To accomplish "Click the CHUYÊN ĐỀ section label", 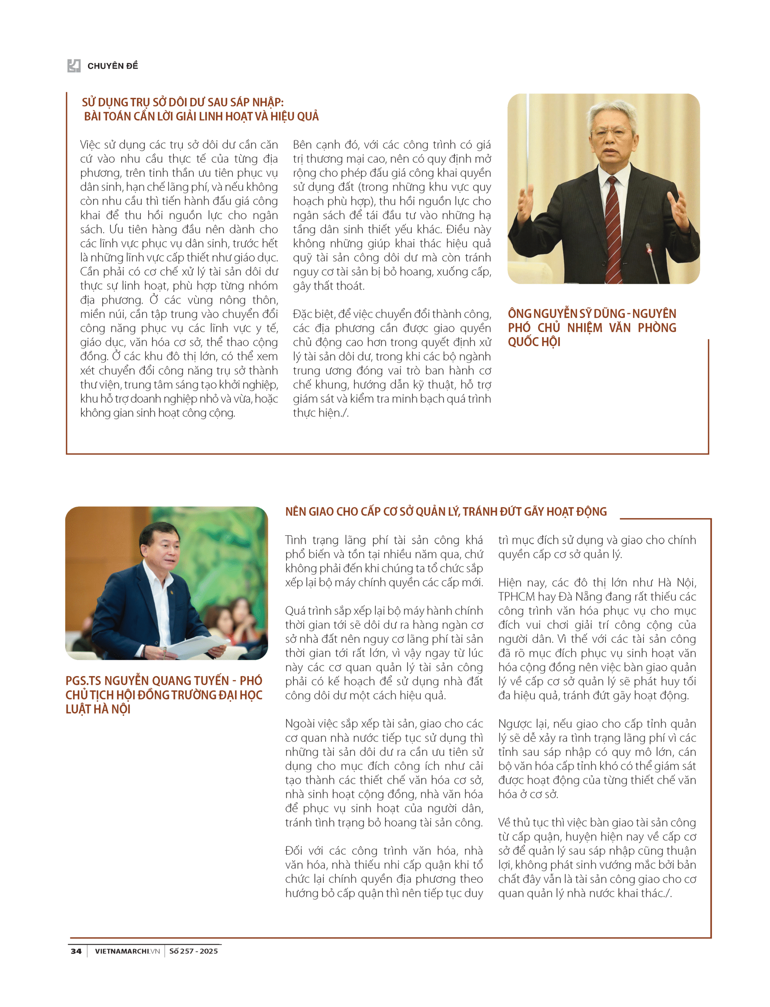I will coord(112,66).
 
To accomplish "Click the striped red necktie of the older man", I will coord(613,229).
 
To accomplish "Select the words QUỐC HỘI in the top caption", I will coord(534,342).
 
